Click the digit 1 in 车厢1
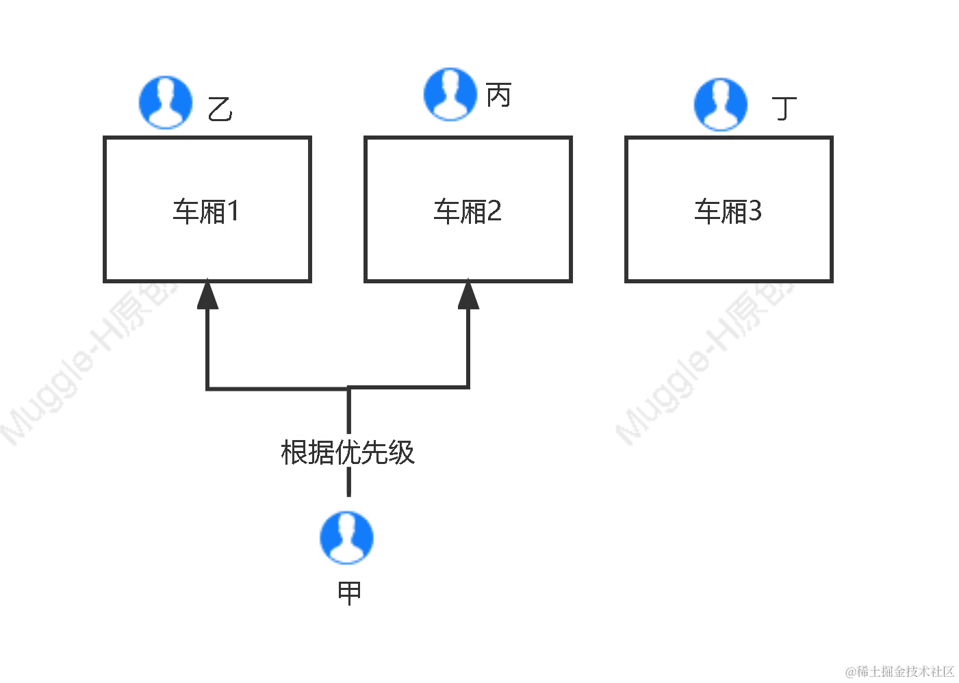pos(233,211)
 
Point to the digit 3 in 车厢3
pos(754,211)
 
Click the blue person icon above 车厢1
pos(166,101)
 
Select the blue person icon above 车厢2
pos(450,94)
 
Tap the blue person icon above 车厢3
pos(720,104)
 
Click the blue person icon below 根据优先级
pos(347,537)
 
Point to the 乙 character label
pos(221,110)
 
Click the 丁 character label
pos(785,107)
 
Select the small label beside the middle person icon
pos(498,96)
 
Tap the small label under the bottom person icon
pos(347,593)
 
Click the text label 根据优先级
pos(348,452)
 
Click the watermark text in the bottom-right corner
pos(898,670)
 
